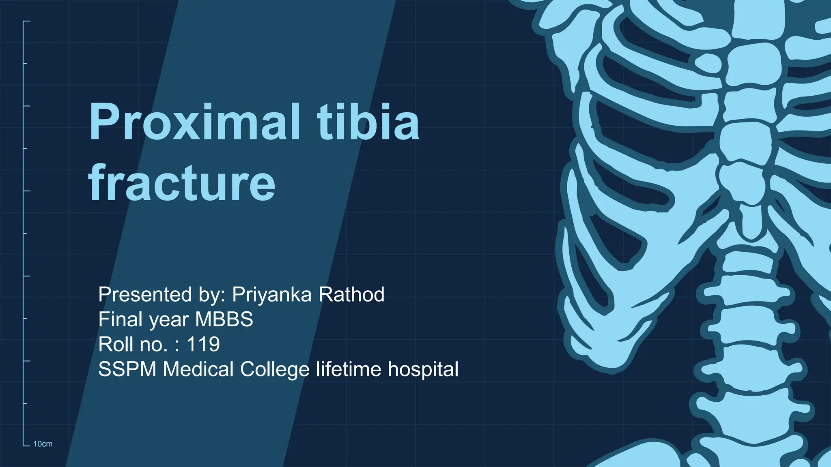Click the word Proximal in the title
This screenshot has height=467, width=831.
click(194, 122)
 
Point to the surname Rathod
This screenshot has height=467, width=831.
click(351, 294)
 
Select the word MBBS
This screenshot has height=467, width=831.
click(224, 319)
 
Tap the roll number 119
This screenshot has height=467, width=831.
click(203, 345)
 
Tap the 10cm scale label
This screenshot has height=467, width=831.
click(43, 444)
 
